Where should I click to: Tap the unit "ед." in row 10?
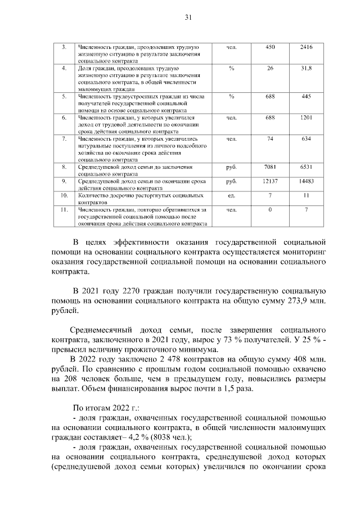click(231, 195)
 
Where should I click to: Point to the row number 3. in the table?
click(64, 47)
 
